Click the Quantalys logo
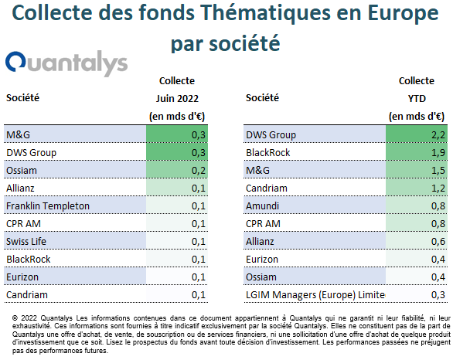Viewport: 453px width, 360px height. coord(66,63)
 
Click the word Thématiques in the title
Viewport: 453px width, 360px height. coord(265,13)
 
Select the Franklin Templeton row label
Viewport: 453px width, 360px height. coord(48,205)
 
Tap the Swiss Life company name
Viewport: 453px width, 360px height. coord(26,241)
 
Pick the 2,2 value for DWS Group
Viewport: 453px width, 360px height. coord(438,135)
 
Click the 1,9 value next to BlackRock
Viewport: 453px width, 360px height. coord(438,152)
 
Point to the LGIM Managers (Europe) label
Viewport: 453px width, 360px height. coord(315,295)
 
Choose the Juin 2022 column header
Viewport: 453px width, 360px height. coord(177,98)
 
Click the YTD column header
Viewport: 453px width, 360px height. coord(417,98)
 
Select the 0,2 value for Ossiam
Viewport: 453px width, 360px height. coord(199,170)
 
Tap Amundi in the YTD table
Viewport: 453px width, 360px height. coord(262,205)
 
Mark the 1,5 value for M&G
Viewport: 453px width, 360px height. coord(438,170)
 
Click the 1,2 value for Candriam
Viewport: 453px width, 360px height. coord(438,188)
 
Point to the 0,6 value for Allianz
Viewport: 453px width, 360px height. coord(438,241)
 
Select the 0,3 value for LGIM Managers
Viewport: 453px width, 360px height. coord(438,295)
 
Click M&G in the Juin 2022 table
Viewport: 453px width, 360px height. coord(18,135)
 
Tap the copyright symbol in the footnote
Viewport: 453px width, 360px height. coord(15,318)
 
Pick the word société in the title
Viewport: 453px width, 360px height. coord(244,43)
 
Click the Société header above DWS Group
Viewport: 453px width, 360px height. coord(262,97)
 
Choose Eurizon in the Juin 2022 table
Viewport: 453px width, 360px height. coord(22,277)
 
